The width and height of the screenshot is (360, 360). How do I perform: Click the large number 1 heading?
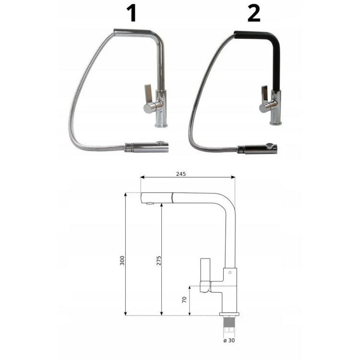click(132, 14)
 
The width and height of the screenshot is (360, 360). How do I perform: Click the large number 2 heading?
click(254, 14)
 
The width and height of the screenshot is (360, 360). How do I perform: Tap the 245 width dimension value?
click(181, 174)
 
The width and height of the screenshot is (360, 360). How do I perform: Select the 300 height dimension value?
click(122, 260)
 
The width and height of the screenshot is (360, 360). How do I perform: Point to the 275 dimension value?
click(159, 260)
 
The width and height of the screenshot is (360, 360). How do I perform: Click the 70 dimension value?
click(184, 300)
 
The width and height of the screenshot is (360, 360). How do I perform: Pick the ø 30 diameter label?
click(229, 340)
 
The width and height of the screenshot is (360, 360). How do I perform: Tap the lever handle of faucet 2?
click(264, 94)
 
